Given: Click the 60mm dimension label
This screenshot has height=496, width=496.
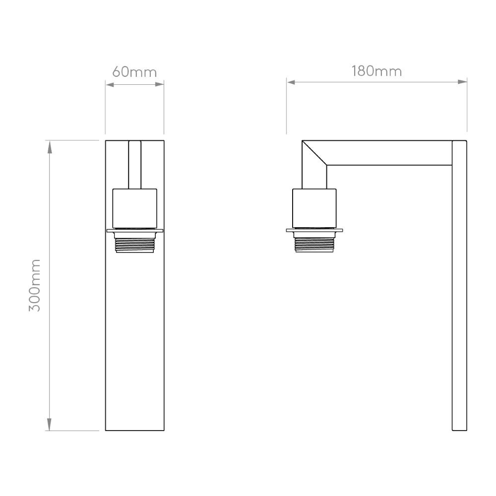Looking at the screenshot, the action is [134, 72].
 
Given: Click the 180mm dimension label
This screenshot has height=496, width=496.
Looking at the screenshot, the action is [376, 71].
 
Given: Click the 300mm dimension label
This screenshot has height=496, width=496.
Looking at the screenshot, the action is [35, 285].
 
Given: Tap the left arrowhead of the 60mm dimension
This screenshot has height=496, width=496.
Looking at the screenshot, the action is [110, 84].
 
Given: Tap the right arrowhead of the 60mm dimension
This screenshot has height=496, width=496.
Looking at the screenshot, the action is [160, 84].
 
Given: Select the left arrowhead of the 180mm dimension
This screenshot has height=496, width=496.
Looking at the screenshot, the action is [291, 82].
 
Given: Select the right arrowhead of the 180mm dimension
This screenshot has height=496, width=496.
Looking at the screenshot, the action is [462, 82].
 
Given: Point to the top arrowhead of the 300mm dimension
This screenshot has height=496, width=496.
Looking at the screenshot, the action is [49, 147].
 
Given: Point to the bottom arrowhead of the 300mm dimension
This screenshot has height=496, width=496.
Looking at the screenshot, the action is [49, 424].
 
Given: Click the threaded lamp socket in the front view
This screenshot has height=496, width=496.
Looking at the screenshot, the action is [135, 243].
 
